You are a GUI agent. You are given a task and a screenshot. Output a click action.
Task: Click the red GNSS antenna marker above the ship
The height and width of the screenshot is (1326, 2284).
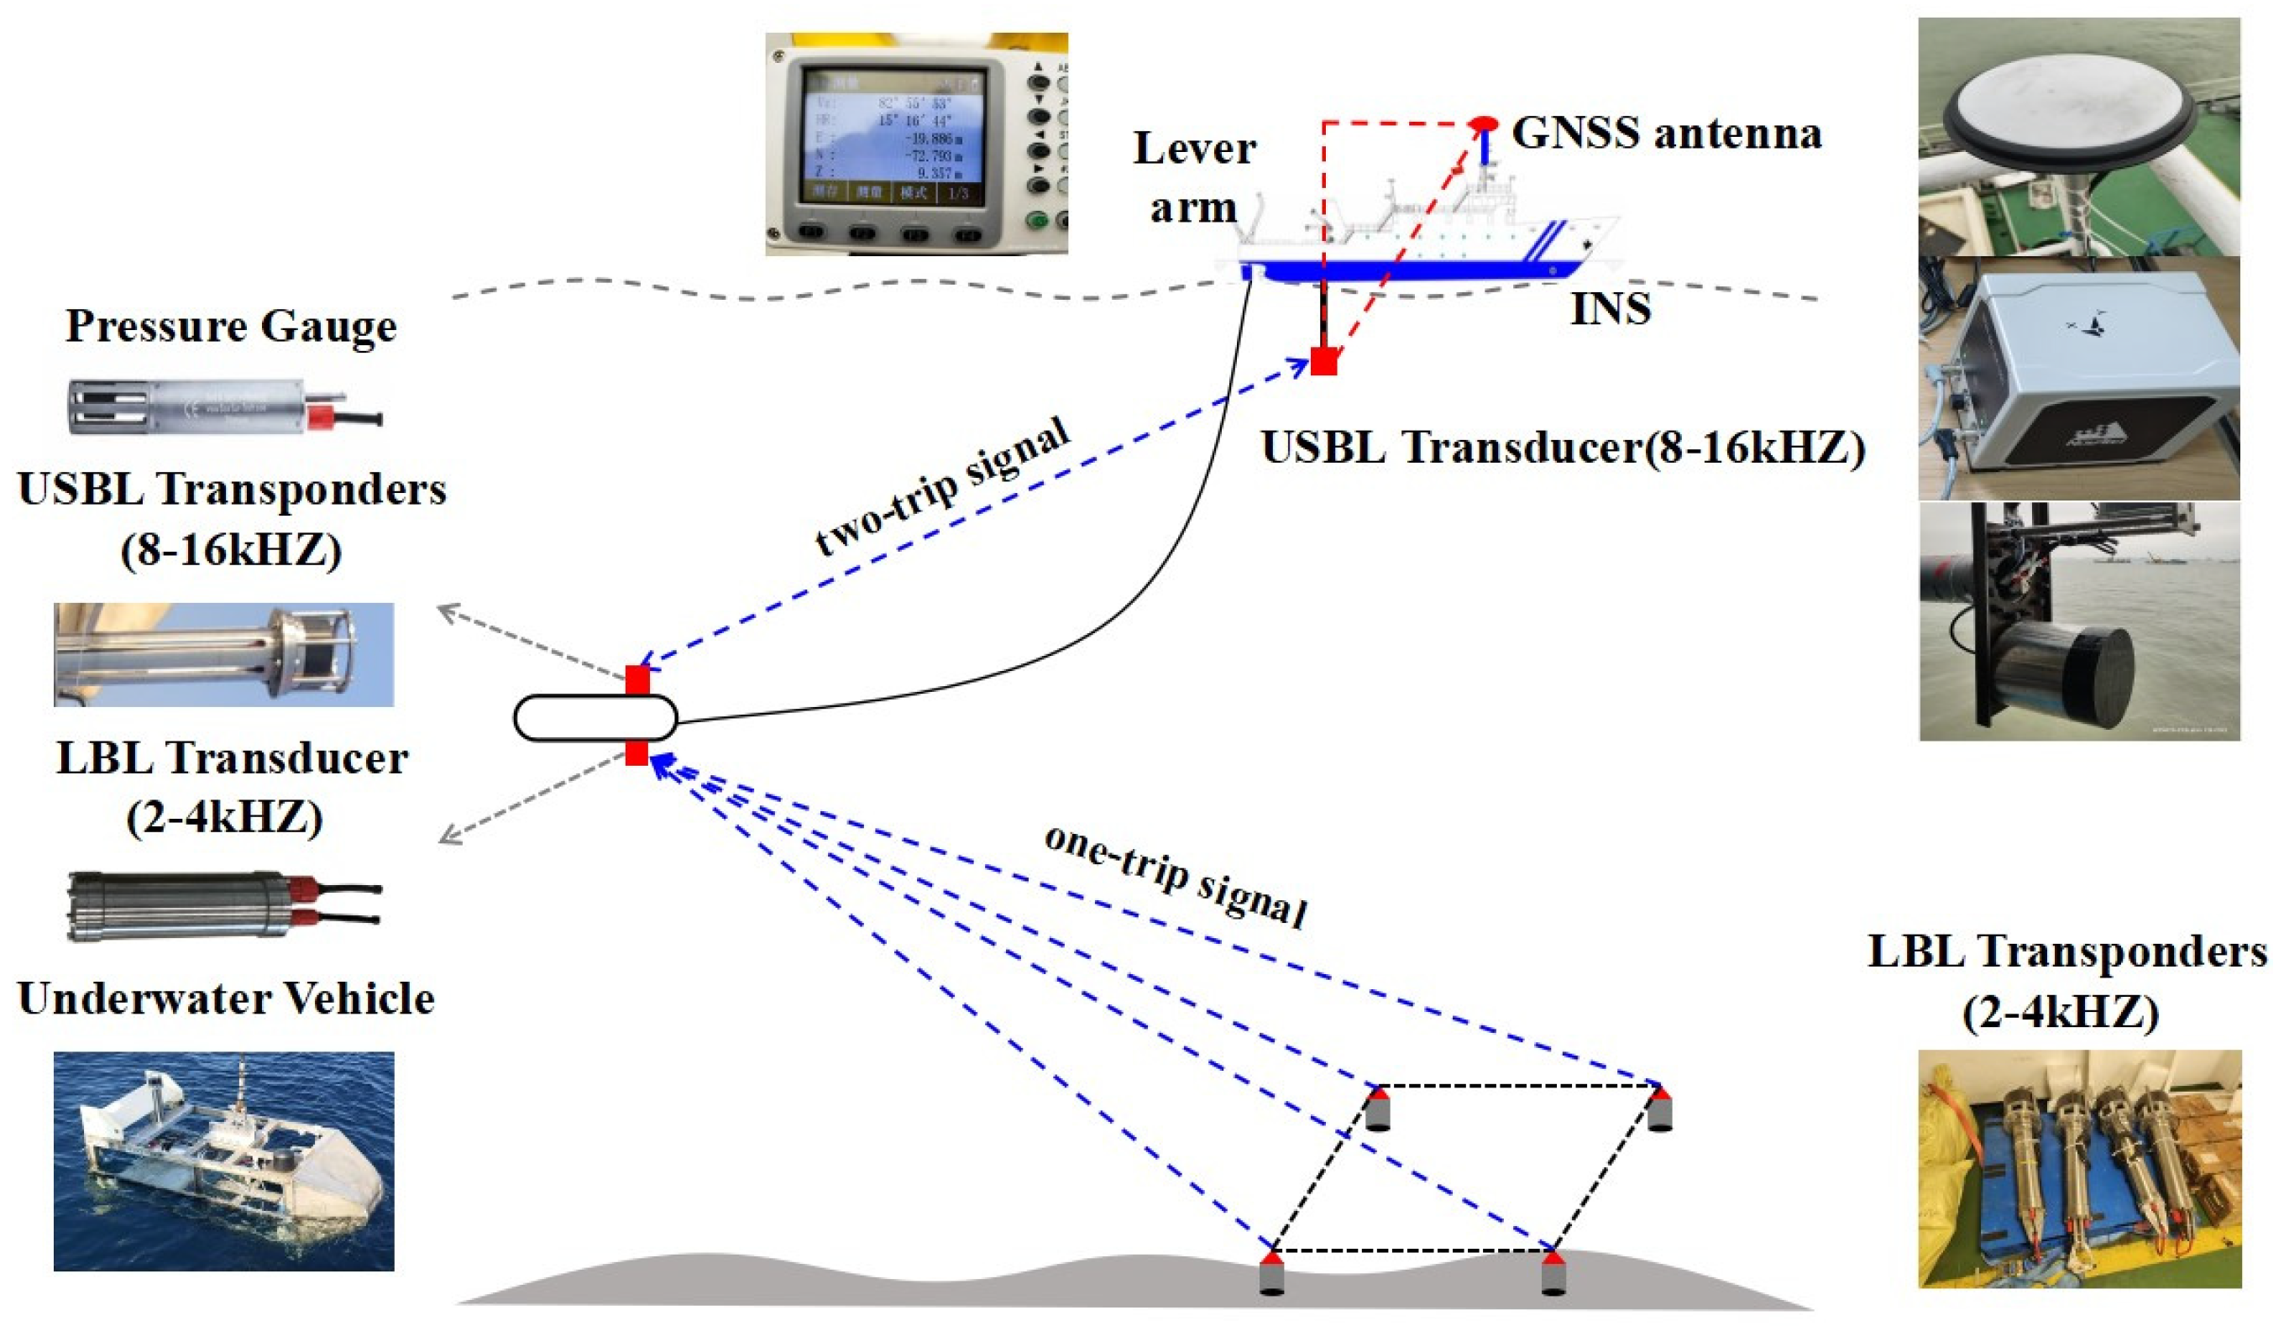click(1483, 123)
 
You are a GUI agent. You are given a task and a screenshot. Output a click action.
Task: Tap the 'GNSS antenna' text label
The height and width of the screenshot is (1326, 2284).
click(1666, 134)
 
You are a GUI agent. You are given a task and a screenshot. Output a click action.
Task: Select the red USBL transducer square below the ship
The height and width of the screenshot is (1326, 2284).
click(1324, 362)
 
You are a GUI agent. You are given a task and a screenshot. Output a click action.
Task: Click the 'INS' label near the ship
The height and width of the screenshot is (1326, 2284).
click(1611, 309)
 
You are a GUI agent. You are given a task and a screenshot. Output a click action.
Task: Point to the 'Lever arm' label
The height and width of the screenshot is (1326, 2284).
click(1194, 178)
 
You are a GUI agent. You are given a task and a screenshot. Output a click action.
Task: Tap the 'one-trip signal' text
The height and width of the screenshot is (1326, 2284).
click(1176, 876)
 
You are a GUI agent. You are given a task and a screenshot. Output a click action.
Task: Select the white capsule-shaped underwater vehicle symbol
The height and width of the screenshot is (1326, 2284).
click(595, 718)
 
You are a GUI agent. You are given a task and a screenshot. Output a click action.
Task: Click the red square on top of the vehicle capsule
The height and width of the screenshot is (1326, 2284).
click(637, 679)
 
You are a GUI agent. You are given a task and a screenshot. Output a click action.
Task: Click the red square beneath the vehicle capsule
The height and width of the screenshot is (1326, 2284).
click(637, 753)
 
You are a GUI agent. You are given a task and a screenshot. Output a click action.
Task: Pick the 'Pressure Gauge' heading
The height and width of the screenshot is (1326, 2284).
click(231, 327)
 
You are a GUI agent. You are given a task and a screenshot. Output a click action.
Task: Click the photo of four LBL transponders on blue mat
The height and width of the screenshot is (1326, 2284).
click(2079, 1168)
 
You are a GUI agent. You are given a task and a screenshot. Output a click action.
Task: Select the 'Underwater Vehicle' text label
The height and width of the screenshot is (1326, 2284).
click(226, 998)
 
